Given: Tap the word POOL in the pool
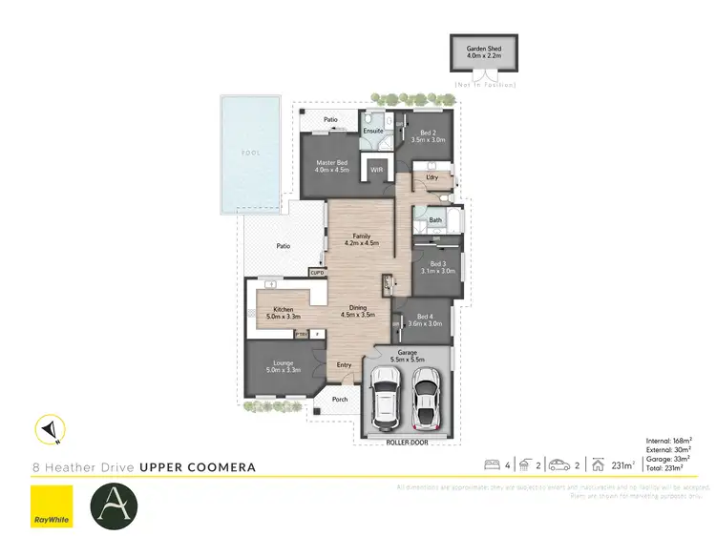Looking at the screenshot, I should (x=250, y=153).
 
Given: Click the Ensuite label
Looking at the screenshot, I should (x=373, y=130).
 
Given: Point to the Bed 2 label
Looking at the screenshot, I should (x=423, y=136).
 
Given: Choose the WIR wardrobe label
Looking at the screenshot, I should (x=376, y=171).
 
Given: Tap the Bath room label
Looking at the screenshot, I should (x=435, y=220).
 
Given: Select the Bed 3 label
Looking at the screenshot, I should (x=438, y=267).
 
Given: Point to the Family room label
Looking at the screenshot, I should (x=360, y=239).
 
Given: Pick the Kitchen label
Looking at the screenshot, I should (x=284, y=313).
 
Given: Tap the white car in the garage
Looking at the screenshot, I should (x=386, y=399).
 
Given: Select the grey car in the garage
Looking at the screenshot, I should (x=426, y=399).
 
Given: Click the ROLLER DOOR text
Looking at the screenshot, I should (x=405, y=443).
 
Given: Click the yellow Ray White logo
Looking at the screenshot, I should (x=52, y=505).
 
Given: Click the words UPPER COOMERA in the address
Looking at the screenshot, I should (x=198, y=467).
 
